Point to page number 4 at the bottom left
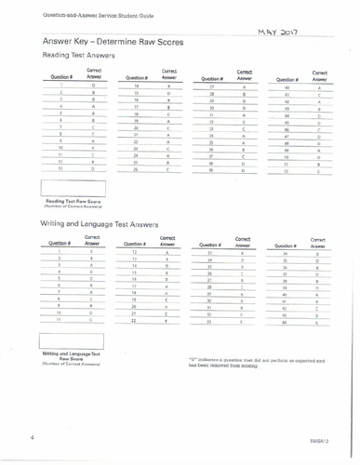(31, 434)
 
